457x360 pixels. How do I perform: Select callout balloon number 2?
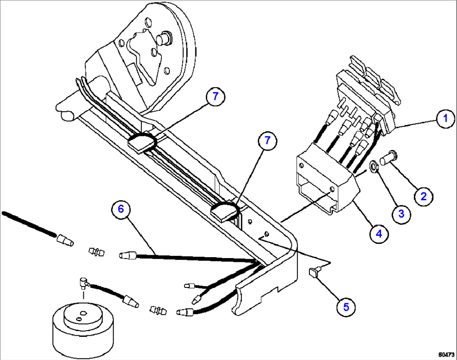(x=423, y=196)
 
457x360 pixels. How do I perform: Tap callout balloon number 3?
(x=401, y=214)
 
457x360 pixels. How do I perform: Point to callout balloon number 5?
(x=346, y=307)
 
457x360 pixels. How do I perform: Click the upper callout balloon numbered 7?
(x=216, y=97)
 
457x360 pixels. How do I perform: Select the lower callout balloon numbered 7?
(x=267, y=141)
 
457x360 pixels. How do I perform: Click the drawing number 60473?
(x=446, y=355)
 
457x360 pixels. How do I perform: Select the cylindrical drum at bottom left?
(x=83, y=330)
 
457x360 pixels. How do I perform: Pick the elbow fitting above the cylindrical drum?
(x=84, y=282)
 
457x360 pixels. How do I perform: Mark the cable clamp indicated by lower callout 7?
(x=225, y=211)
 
